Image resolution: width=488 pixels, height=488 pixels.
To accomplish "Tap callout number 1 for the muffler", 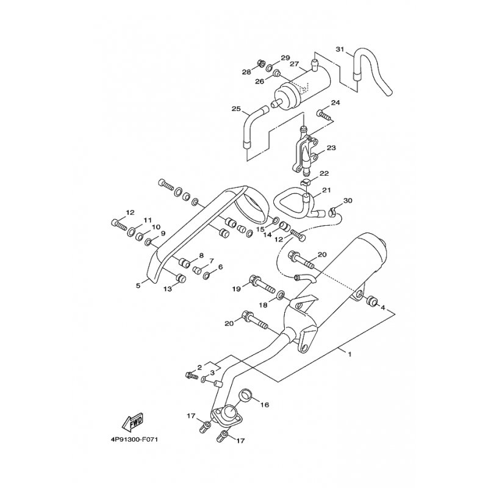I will click(x=350, y=354).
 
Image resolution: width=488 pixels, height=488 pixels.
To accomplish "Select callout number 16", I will click(x=264, y=404).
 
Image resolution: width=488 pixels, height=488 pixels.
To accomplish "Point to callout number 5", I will click(x=138, y=284).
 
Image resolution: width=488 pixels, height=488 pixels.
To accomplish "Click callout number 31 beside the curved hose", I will click(x=340, y=49).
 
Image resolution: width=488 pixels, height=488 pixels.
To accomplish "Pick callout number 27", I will click(x=294, y=64).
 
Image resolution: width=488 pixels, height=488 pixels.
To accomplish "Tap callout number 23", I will click(x=331, y=148).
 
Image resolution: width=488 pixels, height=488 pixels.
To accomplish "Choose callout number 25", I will click(x=236, y=109).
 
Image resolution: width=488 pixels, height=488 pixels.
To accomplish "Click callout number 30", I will click(x=348, y=200).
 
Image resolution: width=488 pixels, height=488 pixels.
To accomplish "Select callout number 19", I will click(x=237, y=289).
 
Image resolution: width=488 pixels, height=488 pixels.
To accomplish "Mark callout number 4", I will click(x=383, y=309).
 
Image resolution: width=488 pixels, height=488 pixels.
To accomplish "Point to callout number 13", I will click(x=167, y=289).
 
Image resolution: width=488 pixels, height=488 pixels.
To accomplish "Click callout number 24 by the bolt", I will click(x=335, y=102).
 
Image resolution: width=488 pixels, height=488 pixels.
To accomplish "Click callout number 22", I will click(x=324, y=174).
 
